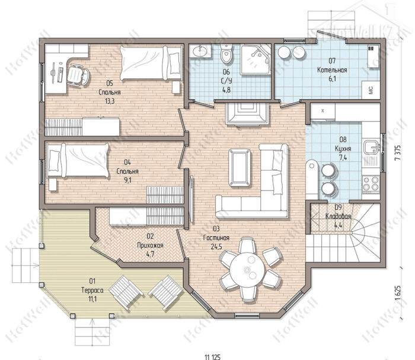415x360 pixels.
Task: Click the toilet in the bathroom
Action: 226,53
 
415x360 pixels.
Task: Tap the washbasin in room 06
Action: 200,50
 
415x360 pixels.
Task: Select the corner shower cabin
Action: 256,59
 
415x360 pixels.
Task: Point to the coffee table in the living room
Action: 240,168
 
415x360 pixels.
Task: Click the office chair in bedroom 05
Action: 78,75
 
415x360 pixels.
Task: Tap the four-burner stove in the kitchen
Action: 371,184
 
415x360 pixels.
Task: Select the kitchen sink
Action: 372,147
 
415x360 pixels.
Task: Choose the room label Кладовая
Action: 338,216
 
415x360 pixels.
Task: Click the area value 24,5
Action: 216,247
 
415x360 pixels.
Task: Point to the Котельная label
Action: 332,70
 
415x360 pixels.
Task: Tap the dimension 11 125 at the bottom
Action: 212,357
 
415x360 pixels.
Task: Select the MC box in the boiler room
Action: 371,90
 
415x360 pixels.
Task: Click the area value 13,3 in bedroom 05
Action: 110,101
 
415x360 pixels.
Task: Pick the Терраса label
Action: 92,291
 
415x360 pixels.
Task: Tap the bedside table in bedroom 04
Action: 53,184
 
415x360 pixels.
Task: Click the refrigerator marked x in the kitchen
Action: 323,111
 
